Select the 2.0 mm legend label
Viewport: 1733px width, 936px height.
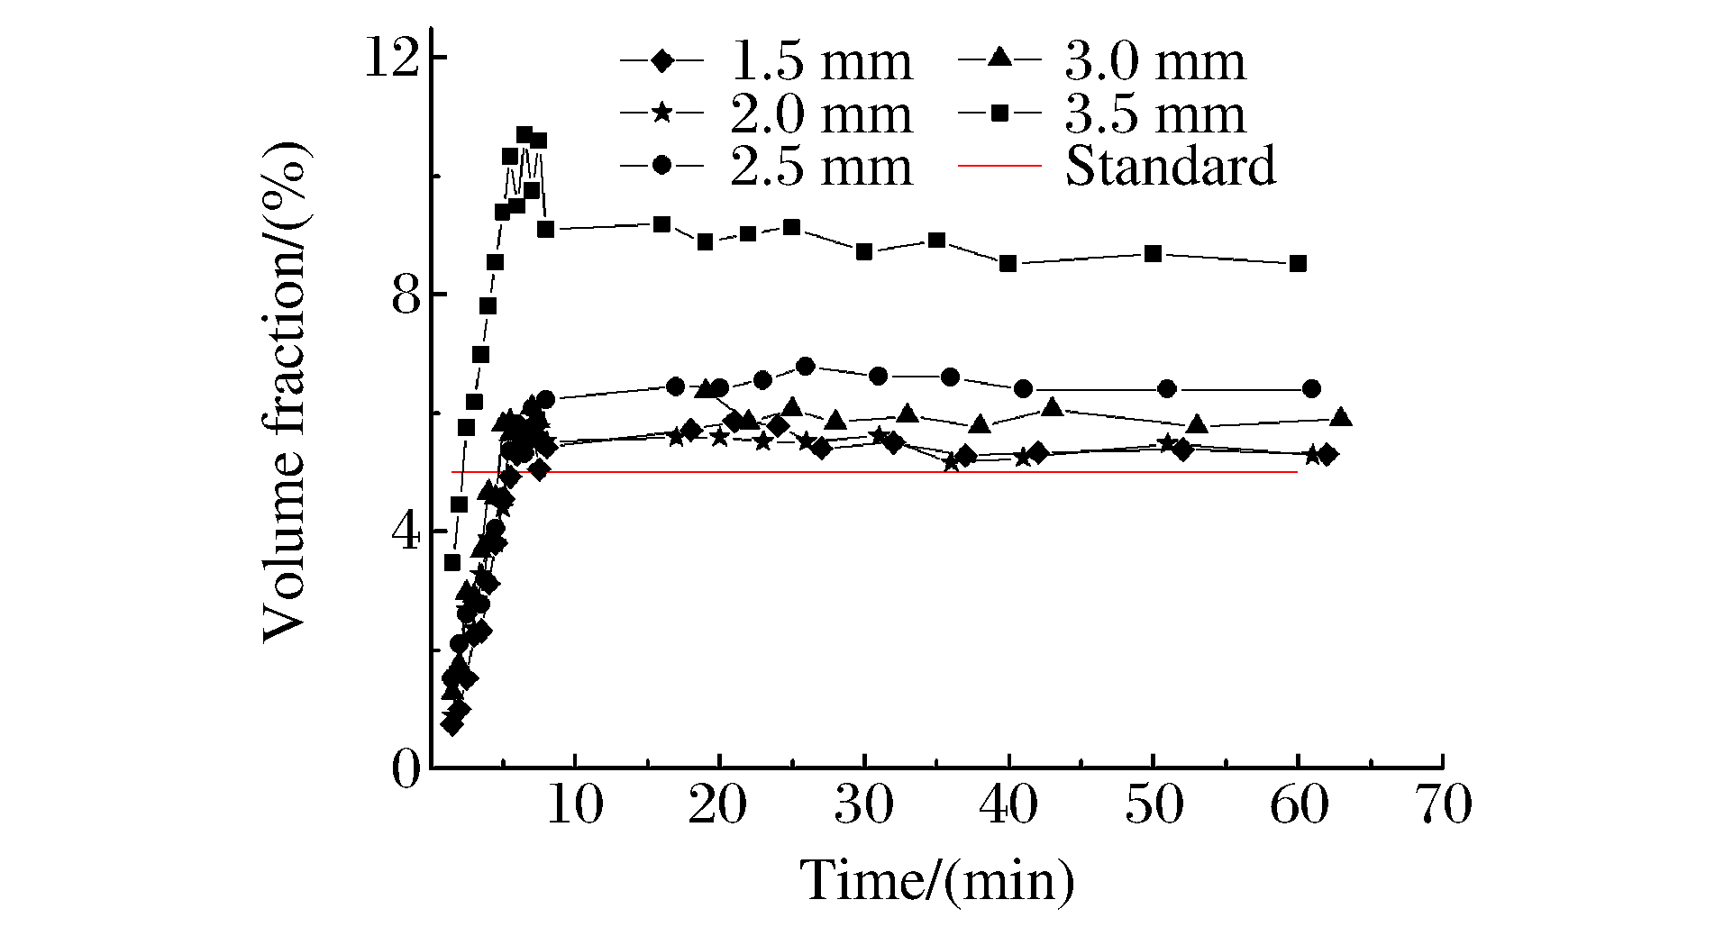(820, 114)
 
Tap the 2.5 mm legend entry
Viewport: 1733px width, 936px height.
(820, 168)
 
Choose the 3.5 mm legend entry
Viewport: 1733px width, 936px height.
(1154, 114)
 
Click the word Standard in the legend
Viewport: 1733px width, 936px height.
(1170, 167)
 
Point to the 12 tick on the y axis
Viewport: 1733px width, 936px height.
(392, 59)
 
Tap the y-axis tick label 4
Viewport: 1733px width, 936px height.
(406, 532)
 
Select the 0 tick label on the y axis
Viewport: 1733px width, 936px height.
(406, 769)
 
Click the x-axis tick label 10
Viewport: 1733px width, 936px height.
(574, 804)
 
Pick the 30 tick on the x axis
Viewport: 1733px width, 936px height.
(863, 804)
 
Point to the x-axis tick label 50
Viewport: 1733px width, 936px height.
(1154, 804)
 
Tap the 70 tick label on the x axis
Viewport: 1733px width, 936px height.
(1444, 804)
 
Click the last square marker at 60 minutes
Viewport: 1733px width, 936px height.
(1298, 264)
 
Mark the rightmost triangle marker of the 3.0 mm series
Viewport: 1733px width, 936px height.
(1341, 417)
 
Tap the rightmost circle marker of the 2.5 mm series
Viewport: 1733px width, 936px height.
(1312, 388)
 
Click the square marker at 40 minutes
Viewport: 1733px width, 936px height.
(1008, 264)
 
